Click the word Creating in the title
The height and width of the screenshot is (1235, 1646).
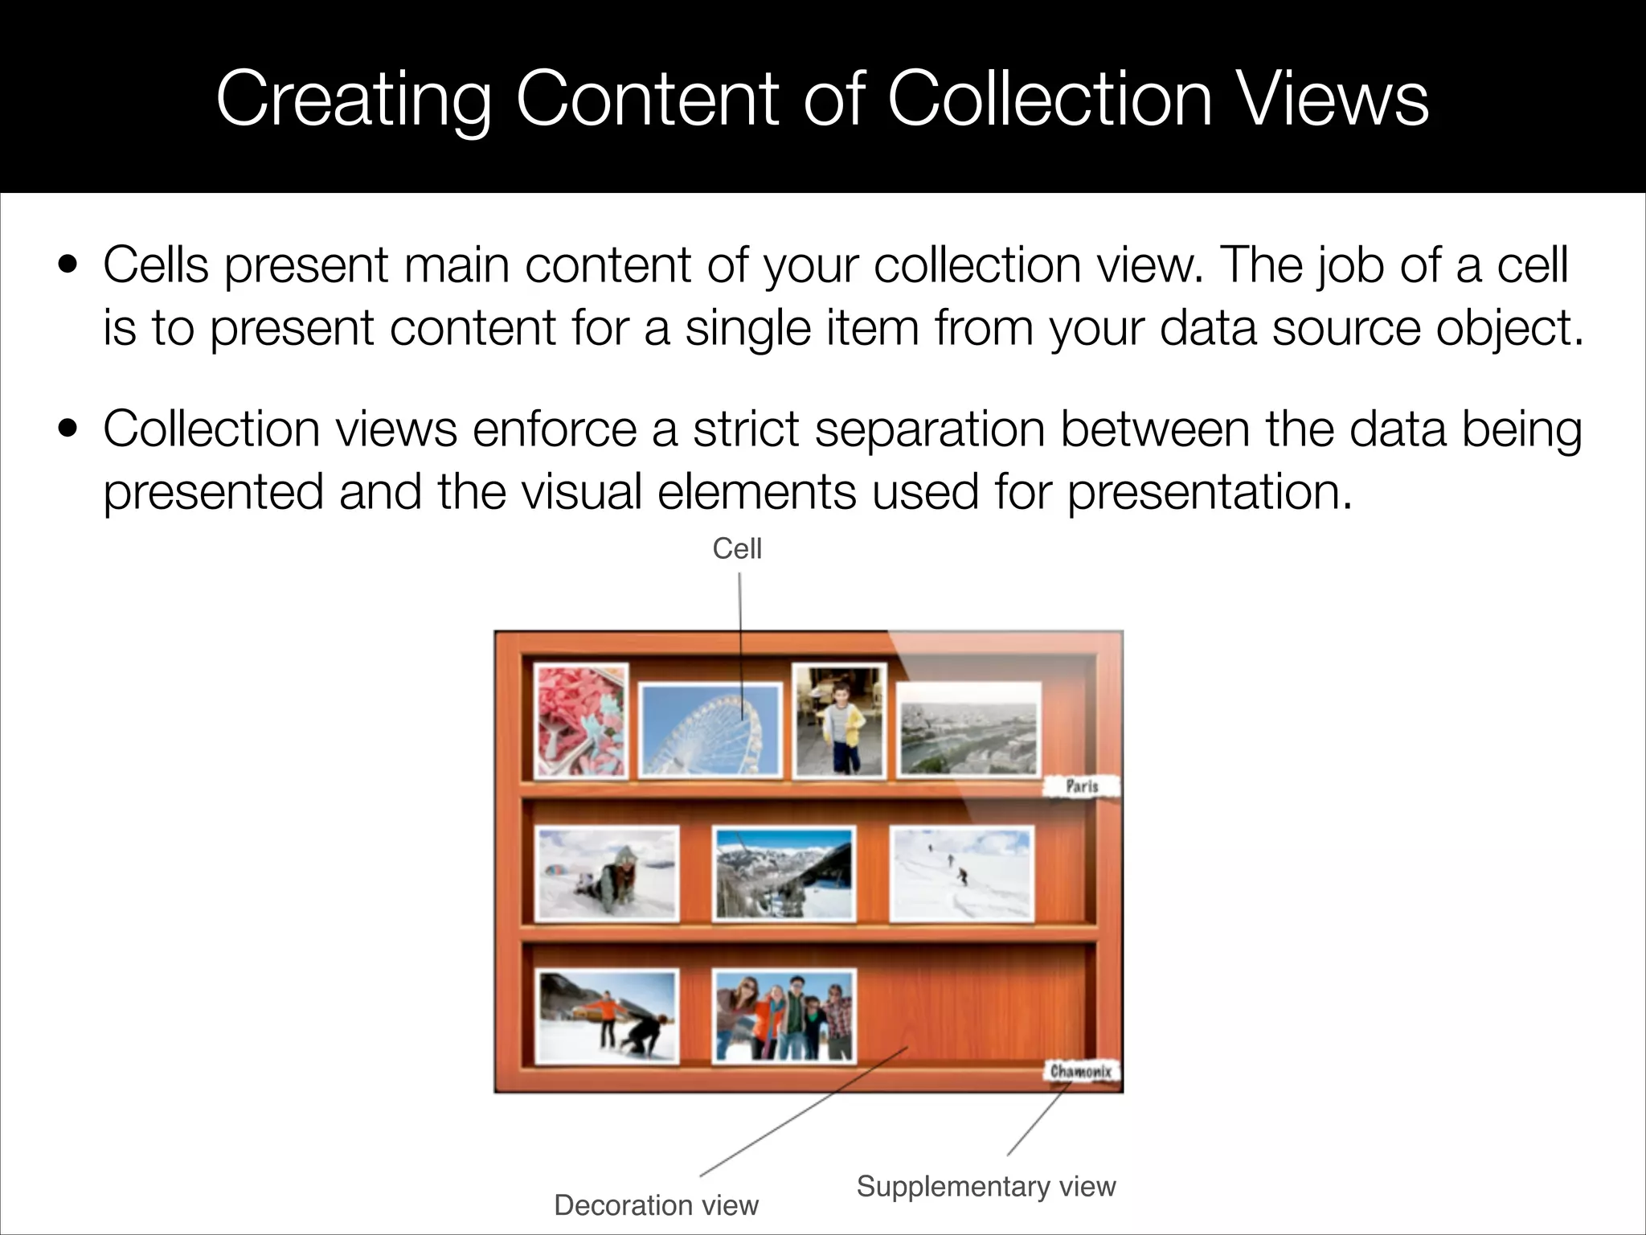[353, 100]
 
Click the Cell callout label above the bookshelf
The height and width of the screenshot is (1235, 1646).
[736, 549]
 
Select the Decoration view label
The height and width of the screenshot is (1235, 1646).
[656, 1204]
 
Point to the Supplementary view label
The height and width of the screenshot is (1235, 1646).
[985, 1186]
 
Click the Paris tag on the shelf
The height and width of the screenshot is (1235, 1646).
[1082, 786]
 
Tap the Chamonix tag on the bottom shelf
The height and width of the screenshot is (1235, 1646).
[1082, 1071]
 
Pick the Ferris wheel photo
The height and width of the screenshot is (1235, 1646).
[710, 730]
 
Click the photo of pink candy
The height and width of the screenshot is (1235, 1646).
[580, 721]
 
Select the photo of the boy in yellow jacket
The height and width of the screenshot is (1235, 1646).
[839, 720]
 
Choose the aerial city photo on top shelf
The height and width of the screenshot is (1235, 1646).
[968, 729]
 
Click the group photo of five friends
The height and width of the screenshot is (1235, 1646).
[784, 1015]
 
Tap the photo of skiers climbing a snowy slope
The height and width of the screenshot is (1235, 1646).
[961, 875]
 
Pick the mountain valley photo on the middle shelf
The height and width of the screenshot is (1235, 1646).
[784, 875]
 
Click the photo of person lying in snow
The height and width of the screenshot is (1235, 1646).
[608, 875]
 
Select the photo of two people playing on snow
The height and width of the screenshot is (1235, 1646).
[608, 1016]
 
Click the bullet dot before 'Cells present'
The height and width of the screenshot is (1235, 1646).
[68, 265]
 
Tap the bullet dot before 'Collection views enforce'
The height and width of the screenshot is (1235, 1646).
[68, 429]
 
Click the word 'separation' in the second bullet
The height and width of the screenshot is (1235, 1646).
[929, 429]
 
